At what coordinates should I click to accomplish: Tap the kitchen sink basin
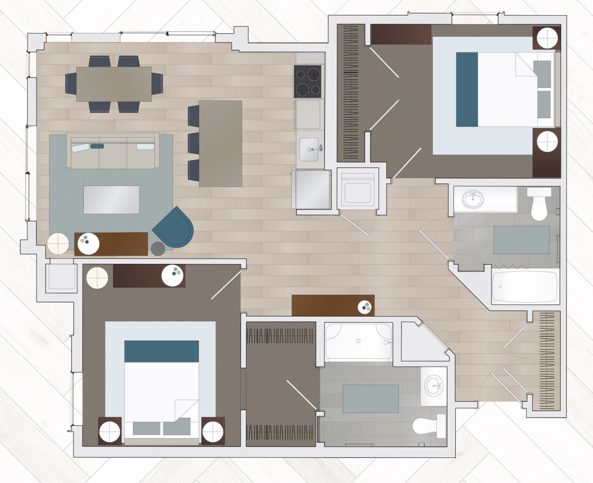tap(309, 148)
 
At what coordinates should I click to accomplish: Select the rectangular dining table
tap(114, 84)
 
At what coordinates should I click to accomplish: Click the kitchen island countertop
tap(221, 144)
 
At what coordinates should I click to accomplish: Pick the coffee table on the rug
tap(111, 199)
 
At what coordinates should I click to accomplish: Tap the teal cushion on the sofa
tap(97, 146)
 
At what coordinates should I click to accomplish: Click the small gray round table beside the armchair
tap(158, 248)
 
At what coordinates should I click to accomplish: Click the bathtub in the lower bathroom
tap(358, 342)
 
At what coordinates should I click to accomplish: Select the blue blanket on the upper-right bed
tap(467, 89)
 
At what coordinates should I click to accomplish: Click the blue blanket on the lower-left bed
tap(162, 351)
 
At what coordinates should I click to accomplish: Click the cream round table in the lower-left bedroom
tap(97, 278)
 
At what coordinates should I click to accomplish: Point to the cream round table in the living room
tap(59, 243)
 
